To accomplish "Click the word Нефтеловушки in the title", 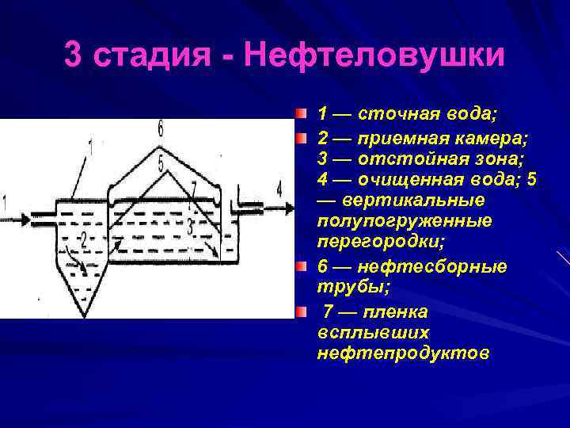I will pyautogui.click(x=374, y=56).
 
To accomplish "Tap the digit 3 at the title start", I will pyautogui.click(x=73, y=56).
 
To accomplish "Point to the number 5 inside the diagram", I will pyautogui.click(x=161, y=164).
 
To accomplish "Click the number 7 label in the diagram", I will pyautogui.click(x=194, y=190).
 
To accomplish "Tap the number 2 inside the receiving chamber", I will pyautogui.click(x=82, y=238).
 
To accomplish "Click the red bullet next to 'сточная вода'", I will pyautogui.click(x=302, y=116).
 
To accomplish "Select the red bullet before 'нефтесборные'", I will pyautogui.click(x=302, y=266).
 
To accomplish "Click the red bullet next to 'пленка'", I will pyautogui.click(x=302, y=310).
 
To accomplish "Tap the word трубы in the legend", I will pyautogui.click(x=343, y=288).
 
